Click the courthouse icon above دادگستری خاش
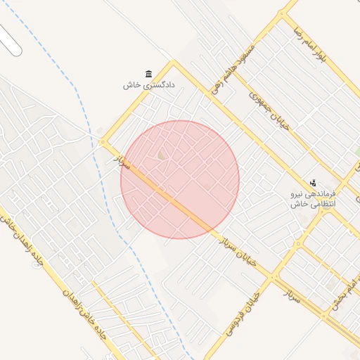click(148, 74)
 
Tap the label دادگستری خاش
click(148, 85)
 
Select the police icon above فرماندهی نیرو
click(313, 183)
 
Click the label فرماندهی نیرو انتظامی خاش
click(314, 198)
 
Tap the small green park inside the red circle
click(161, 155)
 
